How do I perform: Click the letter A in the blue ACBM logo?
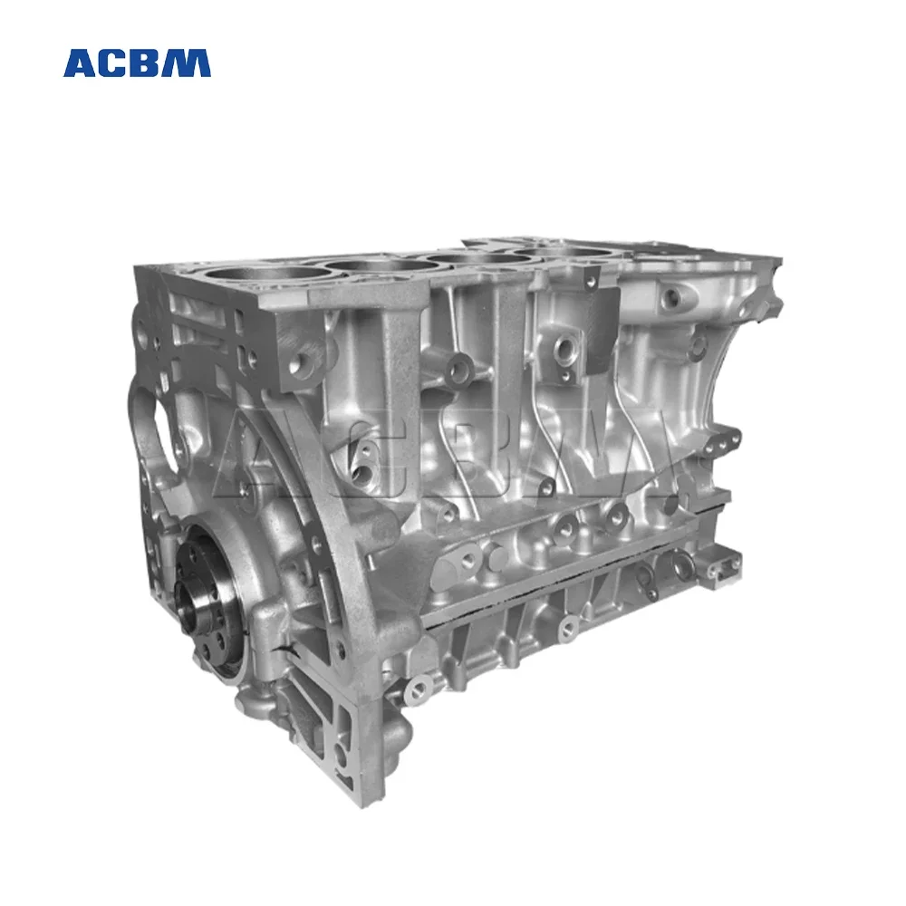81,63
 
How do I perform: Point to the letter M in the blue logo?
189,63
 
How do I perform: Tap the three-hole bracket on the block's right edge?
725,441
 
